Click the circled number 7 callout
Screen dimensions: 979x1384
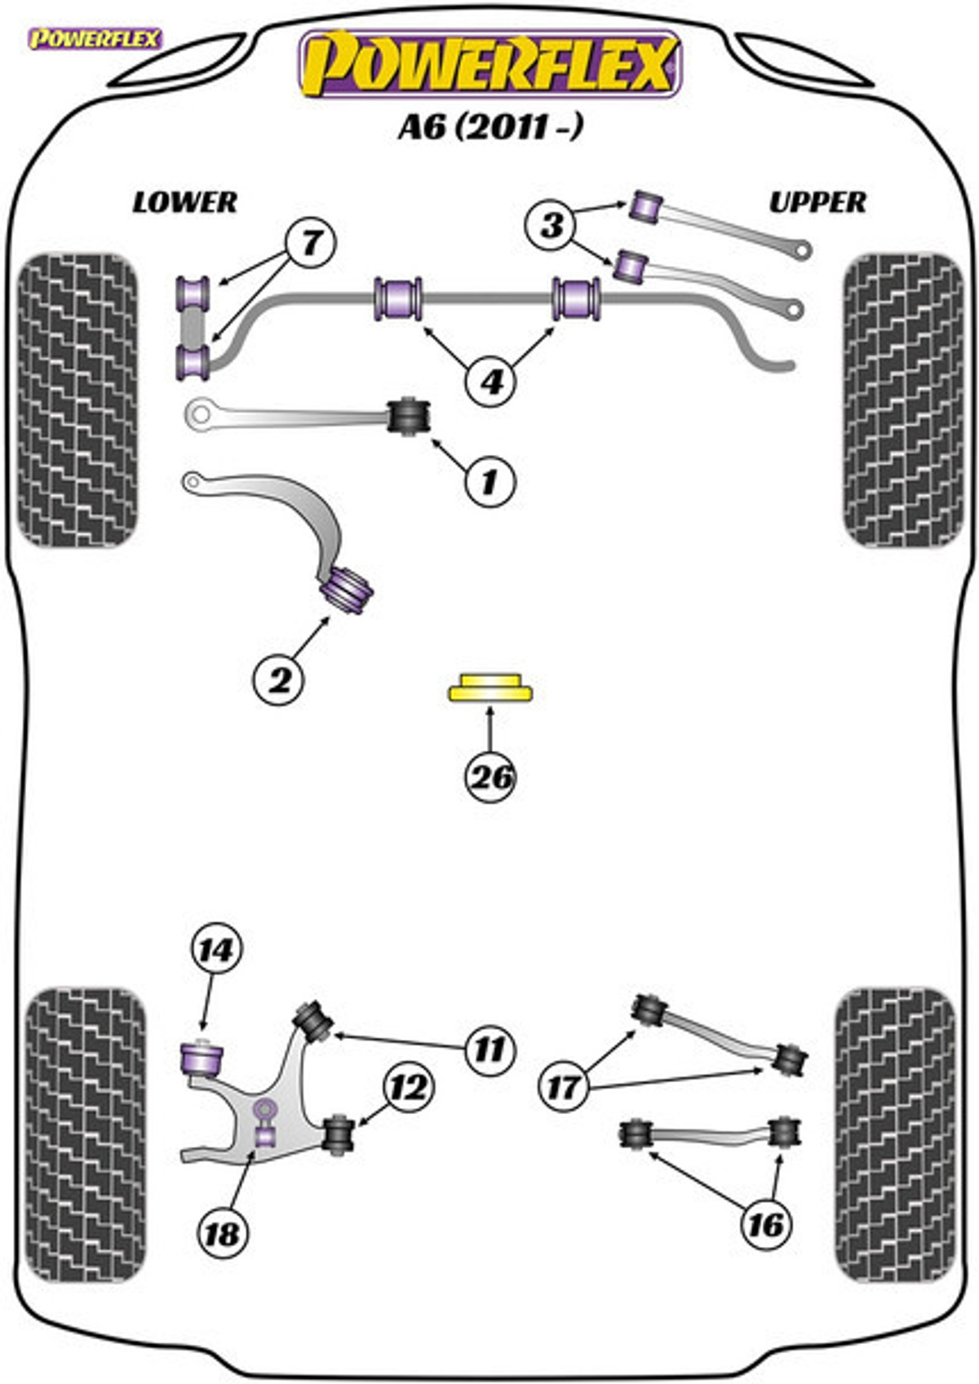click(x=310, y=241)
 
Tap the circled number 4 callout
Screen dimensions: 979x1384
click(x=491, y=382)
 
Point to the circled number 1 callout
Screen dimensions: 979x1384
click(x=489, y=482)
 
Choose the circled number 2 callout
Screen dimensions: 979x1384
click(x=279, y=681)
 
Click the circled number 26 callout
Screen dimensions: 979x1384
click(x=490, y=777)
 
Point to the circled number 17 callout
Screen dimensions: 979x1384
click(x=565, y=1087)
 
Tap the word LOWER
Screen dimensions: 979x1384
click(x=185, y=202)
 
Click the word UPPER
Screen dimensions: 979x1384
click(x=817, y=202)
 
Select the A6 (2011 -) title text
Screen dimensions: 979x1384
click(x=490, y=128)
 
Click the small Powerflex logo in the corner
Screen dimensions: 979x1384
click(x=95, y=39)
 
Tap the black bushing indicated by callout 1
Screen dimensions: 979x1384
click(x=408, y=416)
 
